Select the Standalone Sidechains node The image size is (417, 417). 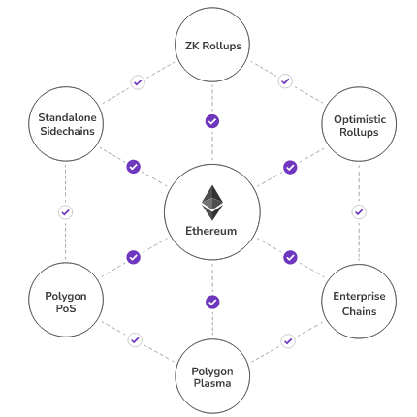pyautogui.click(x=66, y=125)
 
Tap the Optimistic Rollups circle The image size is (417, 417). pyautogui.click(x=359, y=125)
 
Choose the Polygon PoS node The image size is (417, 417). pyautogui.click(x=66, y=302)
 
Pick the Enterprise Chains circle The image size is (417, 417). pyautogui.click(x=359, y=302)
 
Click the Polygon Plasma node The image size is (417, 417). pyautogui.click(x=212, y=375)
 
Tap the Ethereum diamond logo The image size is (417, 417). pyautogui.click(x=211, y=203)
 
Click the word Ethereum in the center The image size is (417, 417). pyautogui.click(x=211, y=231)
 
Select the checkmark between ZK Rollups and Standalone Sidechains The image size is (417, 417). pyautogui.click(x=138, y=82)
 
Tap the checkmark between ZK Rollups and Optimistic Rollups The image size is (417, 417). pyautogui.click(x=285, y=81)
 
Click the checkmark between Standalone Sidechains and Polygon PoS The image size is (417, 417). pyautogui.click(x=66, y=211)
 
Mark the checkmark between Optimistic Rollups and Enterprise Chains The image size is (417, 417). pyautogui.click(x=359, y=211)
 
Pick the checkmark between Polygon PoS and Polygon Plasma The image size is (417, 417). pyautogui.click(x=135, y=340)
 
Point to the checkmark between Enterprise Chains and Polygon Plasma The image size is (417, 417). pyautogui.click(x=288, y=340)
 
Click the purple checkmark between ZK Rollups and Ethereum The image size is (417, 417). pyautogui.click(x=212, y=121)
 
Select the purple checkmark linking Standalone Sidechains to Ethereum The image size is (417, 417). pyautogui.click(x=134, y=167)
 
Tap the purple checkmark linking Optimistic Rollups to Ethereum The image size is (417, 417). pyautogui.click(x=290, y=167)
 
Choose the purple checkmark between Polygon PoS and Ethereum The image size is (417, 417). pyautogui.click(x=134, y=257)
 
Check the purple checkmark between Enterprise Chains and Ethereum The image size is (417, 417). pyautogui.click(x=290, y=257)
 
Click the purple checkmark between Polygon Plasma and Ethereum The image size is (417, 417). pyautogui.click(x=212, y=302)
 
